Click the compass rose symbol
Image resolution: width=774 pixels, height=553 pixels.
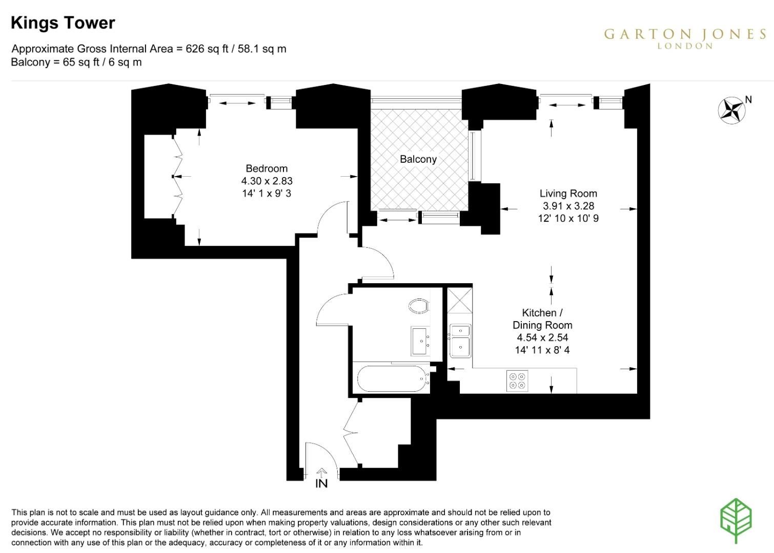point(731,111)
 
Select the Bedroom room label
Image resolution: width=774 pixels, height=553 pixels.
point(267,168)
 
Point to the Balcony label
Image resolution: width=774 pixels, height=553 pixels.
point(418,159)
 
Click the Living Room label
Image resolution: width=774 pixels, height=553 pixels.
point(568,194)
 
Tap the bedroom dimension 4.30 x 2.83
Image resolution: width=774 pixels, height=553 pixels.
point(267,181)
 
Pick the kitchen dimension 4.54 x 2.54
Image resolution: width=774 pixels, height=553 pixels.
point(542,337)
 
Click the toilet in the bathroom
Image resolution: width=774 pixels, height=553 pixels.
point(419,306)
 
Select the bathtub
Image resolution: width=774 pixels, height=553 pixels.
point(394,378)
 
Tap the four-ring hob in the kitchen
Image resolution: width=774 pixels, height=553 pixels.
point(517,381)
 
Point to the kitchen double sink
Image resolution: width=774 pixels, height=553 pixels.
point(460,341)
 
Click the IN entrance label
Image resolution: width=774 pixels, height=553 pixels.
point(321,483)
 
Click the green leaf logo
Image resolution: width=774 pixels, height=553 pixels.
point(736,521)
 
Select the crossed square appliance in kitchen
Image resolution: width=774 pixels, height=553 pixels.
point(460,301)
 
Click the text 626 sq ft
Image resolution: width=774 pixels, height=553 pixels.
point(207,49)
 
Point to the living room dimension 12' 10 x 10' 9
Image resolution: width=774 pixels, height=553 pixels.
point(568,218)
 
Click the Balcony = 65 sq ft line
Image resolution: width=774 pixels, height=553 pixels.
point(76,62)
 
